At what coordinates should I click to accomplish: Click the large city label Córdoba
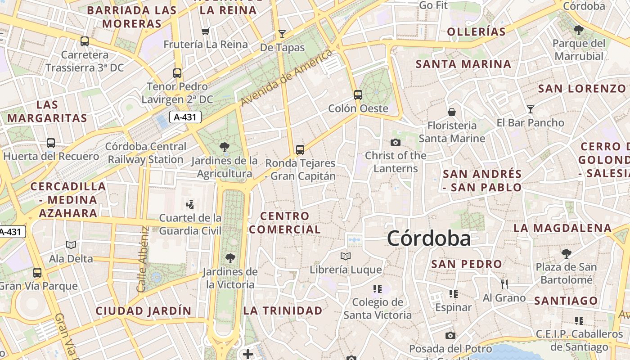pyautogui.click(x=429, y=238)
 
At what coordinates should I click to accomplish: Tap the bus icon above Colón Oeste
pyautogui.click(x=358, y=95)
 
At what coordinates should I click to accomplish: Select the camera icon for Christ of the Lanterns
pyautogui.click(x=396, y=142)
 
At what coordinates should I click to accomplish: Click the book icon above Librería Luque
pyautogui.click(x=346, y=256)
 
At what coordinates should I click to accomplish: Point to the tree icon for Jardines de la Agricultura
pyautogui.click(x=224, y=147)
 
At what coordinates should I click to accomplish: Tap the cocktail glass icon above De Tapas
pyautogui.click(x=282, y=34)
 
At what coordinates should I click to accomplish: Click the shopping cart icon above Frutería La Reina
pyautogui.click(x=206, y=31)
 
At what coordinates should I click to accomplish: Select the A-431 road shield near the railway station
pyautogui.click(x=185, y=117)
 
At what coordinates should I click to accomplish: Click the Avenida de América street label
pyautogui.click(x=286, y=77)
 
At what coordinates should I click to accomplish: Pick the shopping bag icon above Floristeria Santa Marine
pyautogui.click(x=452, y=112)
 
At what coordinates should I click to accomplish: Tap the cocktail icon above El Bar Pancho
pyautogui.click(x=531, y=109)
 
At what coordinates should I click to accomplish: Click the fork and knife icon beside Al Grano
pyautogui.click(x=504, y=284)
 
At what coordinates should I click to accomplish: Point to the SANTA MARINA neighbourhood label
pyautogui.click(x=463, y=64)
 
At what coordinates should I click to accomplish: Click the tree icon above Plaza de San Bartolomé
pyautogui.click(x=566, y=253)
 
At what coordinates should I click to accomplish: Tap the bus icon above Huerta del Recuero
pyautogui.click(x=51, y=143)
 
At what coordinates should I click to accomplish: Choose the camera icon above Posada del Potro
pyautogui.click(x=450, y=335)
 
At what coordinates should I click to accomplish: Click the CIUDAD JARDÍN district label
pyautogui.click(x=144, y=310)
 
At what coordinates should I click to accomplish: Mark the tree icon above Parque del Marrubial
pyautogui.click(x=579, y=30)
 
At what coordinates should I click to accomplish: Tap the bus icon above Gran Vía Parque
pyautogui.click(x=37, y=272)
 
